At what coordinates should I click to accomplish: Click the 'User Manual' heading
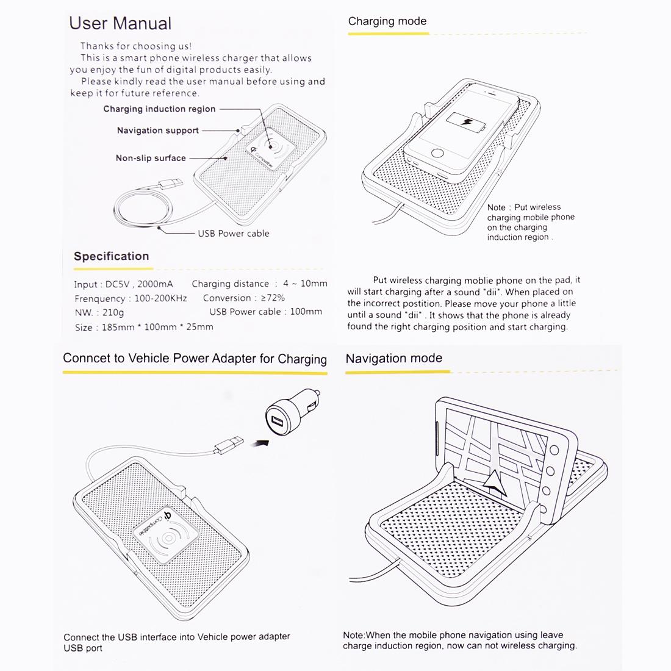pos(120,24)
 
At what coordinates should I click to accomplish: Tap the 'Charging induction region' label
pos(159,109)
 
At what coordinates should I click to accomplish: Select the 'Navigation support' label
pos(157,131)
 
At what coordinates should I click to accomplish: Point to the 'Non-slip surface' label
pos(151,158)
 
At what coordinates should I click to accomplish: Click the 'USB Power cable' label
pos(233,234)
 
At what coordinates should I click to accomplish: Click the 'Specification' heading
pos(111,256)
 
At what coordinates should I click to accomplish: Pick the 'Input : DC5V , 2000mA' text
pos(123,284)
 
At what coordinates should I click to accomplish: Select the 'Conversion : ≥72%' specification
pos(243,298)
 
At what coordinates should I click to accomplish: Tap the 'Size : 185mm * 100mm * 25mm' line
pos(144,327)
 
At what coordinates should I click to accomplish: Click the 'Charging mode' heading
pos(387,21)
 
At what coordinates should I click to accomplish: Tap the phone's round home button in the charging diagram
pos(438,152)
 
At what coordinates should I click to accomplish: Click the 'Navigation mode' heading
pos(393,359)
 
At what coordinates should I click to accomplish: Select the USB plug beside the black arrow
pos(229,447)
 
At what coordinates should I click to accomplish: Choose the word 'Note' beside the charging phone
pos(496,207)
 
